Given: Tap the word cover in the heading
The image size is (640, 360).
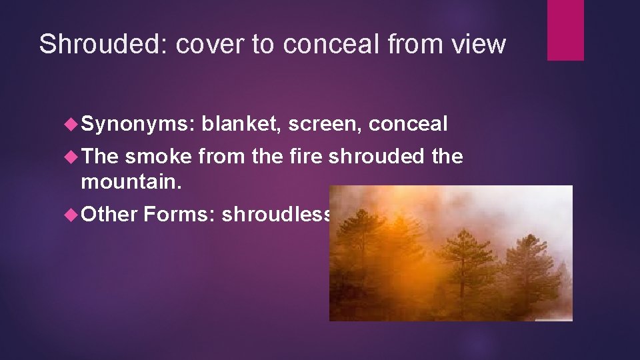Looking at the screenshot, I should tap(199, 44).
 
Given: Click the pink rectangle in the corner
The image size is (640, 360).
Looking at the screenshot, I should tap(565, 30).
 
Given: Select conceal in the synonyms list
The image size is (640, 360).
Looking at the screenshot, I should tap(408, 124).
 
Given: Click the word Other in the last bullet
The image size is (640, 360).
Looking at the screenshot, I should tap(109, 214).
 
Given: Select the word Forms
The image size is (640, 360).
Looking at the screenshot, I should tap(178, 214).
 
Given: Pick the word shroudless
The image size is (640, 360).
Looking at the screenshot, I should tap(276, 214).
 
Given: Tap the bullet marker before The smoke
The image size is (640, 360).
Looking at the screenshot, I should tap(73, 157).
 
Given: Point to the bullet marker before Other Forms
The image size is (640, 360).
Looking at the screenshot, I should tap(73, 215).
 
